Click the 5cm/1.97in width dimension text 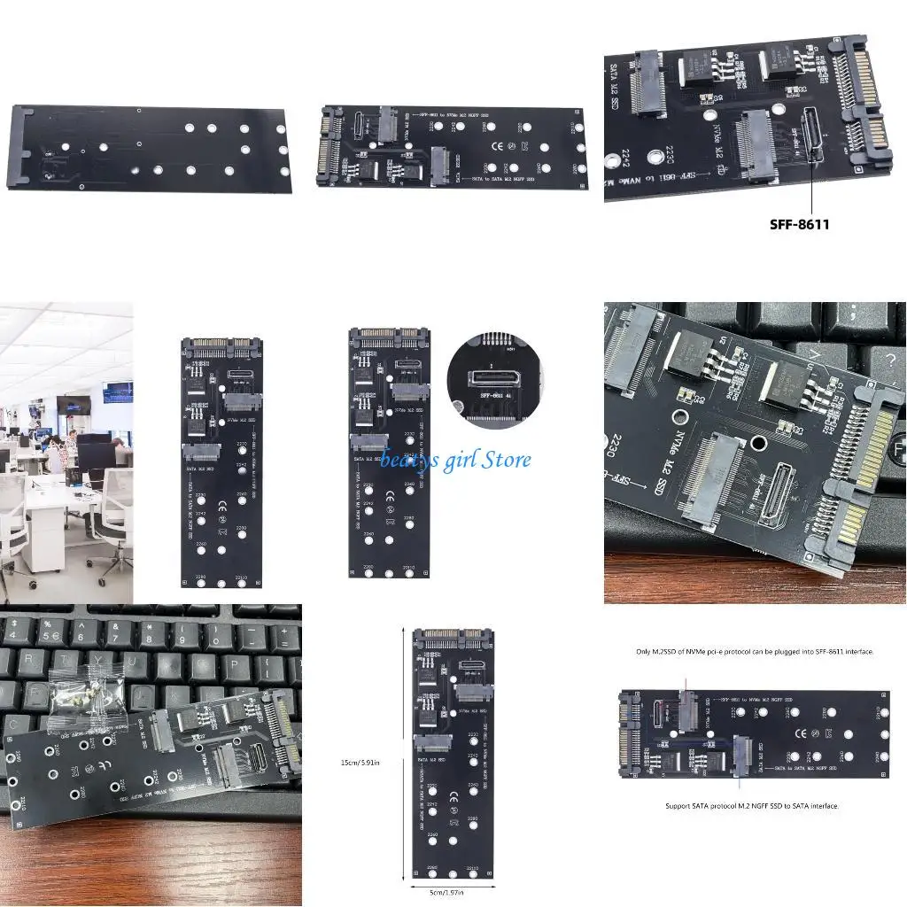tap(451, 893)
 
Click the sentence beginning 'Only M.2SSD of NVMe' tap(755, 652)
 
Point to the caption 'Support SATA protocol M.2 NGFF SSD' tap(752, 806)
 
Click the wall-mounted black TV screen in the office tap(75, 405)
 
